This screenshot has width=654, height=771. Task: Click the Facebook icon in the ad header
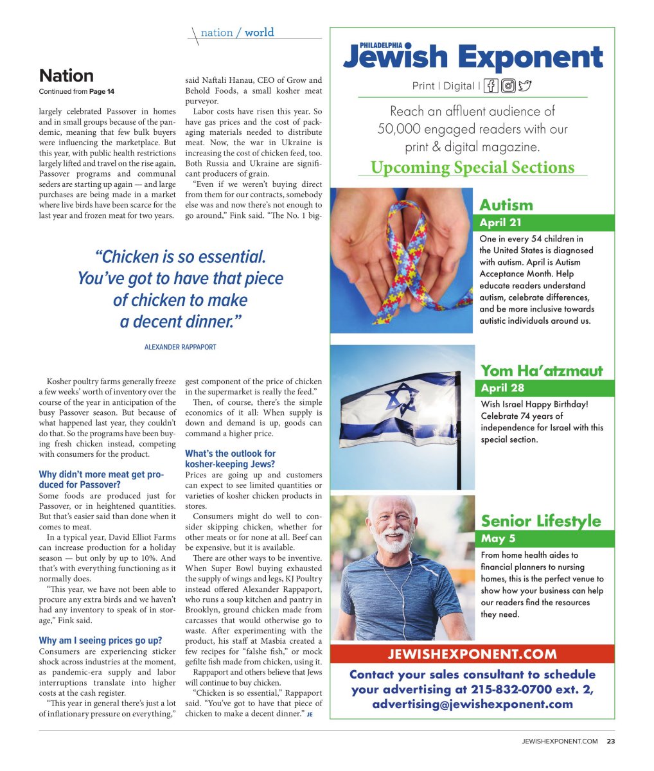coord(491,85)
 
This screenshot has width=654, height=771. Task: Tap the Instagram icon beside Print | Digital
coord(508,85)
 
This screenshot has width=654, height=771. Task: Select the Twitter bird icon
coord(526,85)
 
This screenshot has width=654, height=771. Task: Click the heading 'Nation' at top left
coord(66,76)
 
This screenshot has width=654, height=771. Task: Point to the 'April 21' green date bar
coord(545,223)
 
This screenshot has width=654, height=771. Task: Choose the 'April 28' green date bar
coord(545,388)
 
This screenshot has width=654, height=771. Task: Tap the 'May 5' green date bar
coord(545,538)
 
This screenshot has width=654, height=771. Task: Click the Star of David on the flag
coord(402,400)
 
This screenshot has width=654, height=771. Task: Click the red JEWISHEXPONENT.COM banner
coord(472,655)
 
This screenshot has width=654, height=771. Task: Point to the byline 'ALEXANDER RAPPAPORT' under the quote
coord(180,347)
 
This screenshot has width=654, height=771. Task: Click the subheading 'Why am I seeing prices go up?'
coord(100,641)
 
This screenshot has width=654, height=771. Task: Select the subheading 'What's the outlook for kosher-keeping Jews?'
coord(230,459)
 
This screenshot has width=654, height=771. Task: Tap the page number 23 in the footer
coord(610,741)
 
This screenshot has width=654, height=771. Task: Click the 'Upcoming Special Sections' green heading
coord(472,168)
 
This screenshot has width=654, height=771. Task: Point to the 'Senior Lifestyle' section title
coord(541,520)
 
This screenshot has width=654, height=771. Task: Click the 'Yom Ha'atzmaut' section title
coord(542,371)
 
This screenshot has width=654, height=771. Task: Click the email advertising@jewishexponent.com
coord(472,704)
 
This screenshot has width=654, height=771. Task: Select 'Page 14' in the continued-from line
coord(102,92)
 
